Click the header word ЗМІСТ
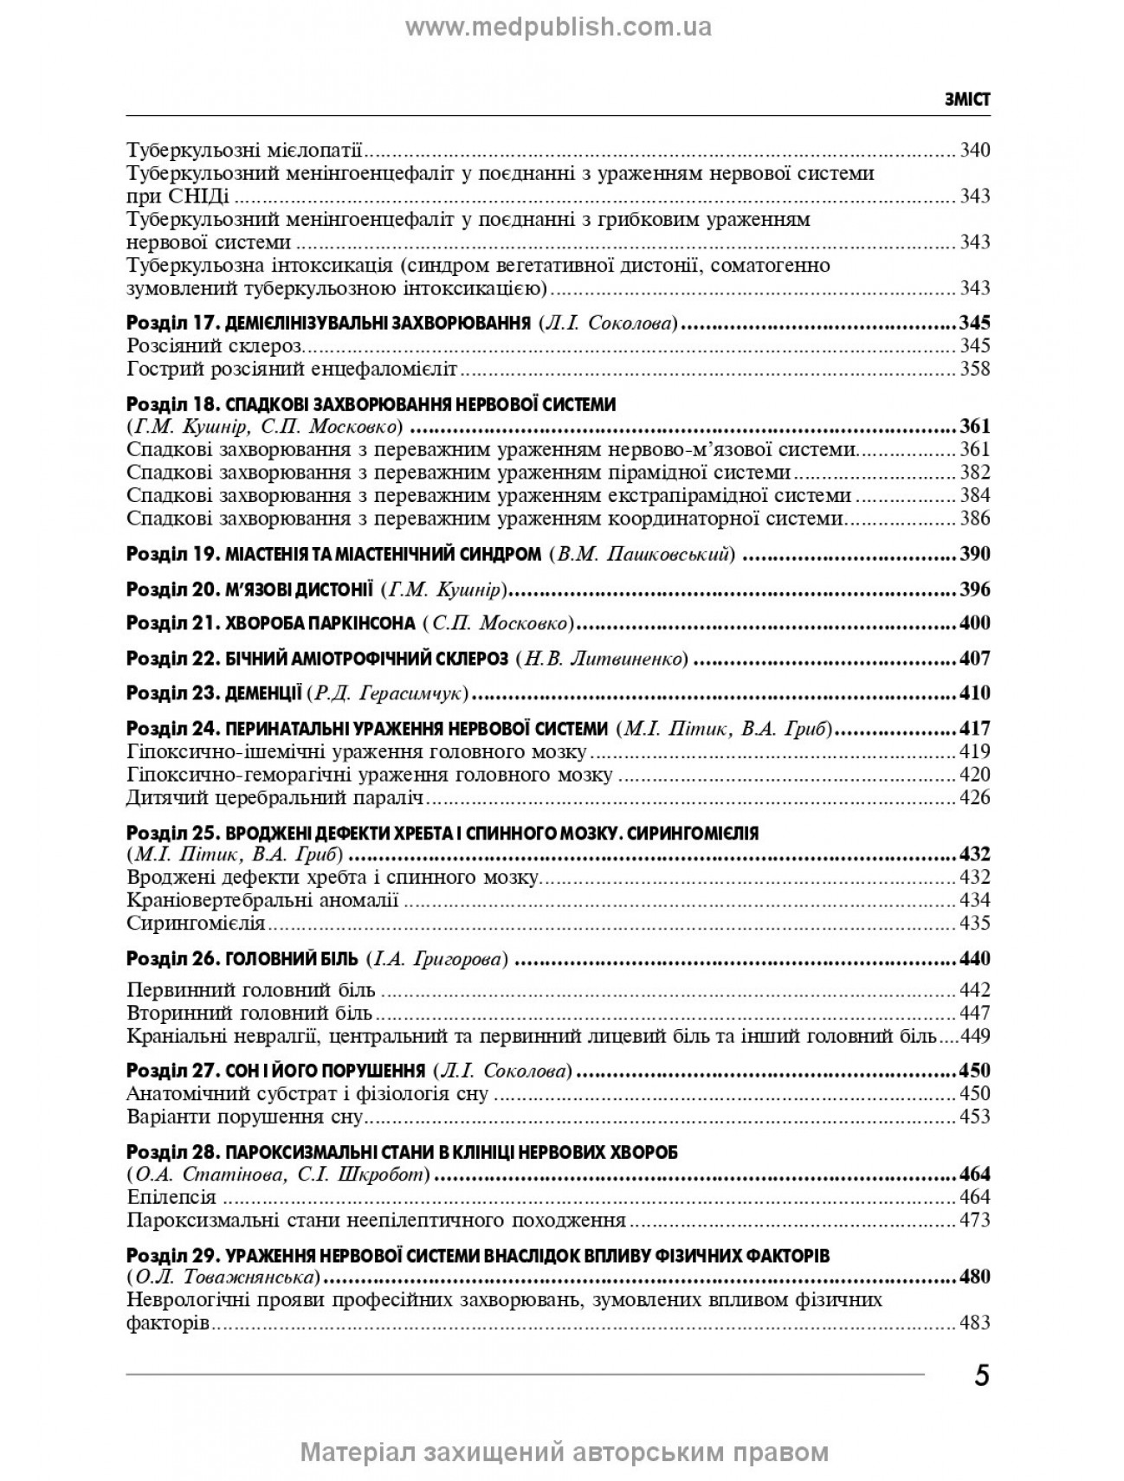pyautogui.click(x=967, y=100)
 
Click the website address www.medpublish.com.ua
pyautogui.click(x=559, y=28)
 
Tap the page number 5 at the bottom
pyautogui.click(x=981, y=1375)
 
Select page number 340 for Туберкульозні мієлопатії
pyautogui.click(x=974, y=150)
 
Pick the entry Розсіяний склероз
pyautogui.click(x=214, y=346)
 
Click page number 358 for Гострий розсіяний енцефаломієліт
pyautogui.click(x=974, y=370)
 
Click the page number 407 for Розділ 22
pyautogui.click(x=974, y=659)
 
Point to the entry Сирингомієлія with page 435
pyautogui.click(x=196, y=923)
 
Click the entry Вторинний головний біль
pyautogui.click(x=249, y=1013)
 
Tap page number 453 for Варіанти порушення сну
pyautogui.click(x=974, y=1117)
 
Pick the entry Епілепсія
pyautogui.click(x=171, y=1198)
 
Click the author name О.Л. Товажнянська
pyautogui.click(x=220, y=1278)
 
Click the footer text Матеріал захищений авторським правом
pyautogui.click(x=564, y=1452)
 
